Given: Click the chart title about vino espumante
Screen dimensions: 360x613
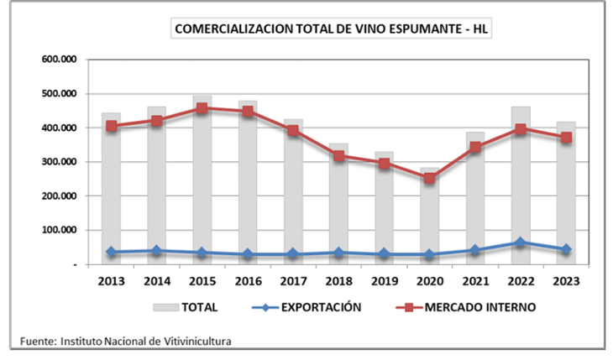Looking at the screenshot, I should click(x=332, y=29).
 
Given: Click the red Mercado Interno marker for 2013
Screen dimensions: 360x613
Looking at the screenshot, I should click(x=112, y=126).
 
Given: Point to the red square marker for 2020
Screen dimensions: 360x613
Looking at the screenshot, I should click(x=430, y=178).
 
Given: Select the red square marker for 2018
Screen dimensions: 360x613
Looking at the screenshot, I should click(x=338, y=155).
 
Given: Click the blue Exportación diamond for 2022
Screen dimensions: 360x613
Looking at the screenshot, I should click(x=521, y=243).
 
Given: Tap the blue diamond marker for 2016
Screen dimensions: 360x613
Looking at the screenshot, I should click(x=248, y=254).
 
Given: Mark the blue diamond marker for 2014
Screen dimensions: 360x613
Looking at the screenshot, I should click(x=157, y=250).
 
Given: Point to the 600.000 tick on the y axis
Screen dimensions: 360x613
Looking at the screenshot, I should click(x=60, y=60).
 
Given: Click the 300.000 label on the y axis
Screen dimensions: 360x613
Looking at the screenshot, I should click(x=60, y=162).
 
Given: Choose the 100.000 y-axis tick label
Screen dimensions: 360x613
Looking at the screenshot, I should click(x=60, y=230).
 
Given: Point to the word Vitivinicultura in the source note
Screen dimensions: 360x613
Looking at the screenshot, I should click(x=191, y=341).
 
